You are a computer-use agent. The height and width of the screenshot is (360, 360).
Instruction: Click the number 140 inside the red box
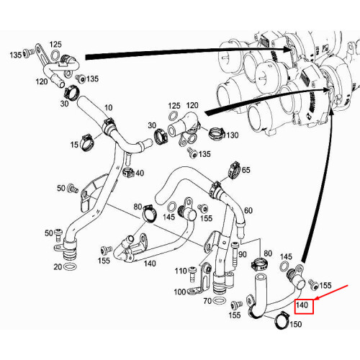(304, 305)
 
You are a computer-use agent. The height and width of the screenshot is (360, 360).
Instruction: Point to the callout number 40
(140, 173)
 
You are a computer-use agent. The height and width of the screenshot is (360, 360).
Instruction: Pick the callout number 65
(246, 170)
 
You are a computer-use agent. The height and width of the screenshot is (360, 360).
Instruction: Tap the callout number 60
(248, 211)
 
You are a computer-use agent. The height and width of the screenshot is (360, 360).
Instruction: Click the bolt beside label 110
(192, 272)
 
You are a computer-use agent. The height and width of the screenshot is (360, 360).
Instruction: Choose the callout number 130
(232, 135)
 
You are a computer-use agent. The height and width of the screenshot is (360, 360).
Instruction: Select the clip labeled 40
(127, 172)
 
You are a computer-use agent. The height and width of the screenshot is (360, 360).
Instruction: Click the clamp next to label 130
(214, 133)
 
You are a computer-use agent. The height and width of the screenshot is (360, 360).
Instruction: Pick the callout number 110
(179, 271)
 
